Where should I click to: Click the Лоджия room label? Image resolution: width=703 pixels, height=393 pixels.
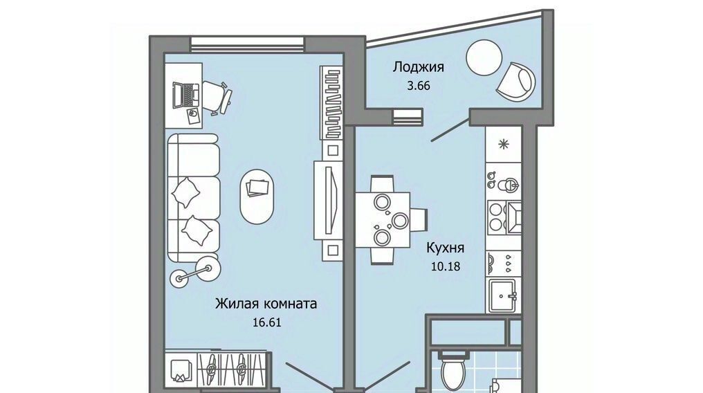[419, 68]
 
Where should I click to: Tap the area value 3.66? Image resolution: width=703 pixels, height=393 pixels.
[419, 85]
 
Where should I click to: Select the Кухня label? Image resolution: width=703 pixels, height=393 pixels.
[445, 248]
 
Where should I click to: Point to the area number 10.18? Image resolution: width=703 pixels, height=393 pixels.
[446, 266]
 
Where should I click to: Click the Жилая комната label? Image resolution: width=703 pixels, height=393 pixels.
[266, 304]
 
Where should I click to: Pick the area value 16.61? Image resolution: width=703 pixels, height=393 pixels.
[267, 322]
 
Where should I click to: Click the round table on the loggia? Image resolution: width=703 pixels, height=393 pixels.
[484, 58]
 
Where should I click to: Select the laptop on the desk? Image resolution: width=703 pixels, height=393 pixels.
[185, 95]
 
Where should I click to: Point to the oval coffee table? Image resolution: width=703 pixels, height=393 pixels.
[257, 196]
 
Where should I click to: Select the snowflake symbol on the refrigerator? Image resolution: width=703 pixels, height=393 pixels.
[504, 145]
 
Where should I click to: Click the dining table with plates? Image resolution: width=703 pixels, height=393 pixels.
[383, 219]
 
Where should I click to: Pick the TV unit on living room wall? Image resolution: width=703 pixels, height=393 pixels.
[328, 200]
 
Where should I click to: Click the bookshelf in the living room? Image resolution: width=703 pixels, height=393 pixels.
[331, 102]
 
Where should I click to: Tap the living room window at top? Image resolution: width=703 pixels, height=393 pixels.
[248, 44]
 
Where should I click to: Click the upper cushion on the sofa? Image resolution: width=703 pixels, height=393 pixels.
[186, 192]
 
